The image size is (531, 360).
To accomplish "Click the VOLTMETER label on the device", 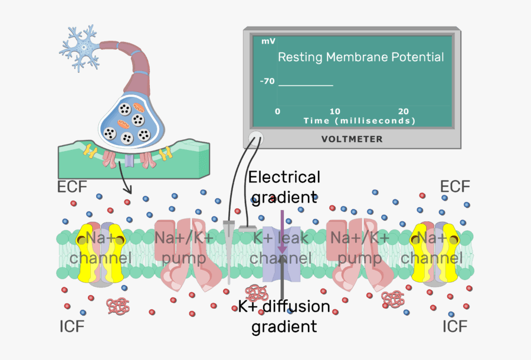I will click(352, 139).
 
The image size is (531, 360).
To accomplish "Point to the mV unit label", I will click(268, 41).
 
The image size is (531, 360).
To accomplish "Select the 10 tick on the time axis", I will click(335, 112).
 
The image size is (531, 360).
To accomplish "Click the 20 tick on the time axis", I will click(404, 112).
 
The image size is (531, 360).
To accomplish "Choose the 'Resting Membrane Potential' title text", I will click(360, 57).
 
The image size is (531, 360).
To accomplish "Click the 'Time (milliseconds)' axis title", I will click(360, 120).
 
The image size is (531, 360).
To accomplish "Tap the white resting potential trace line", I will click(306, 86).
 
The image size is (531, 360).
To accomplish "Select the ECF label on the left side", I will click(72, 187).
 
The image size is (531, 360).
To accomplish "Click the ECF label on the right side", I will click(455, 187).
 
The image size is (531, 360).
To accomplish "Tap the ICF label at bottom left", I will click(72, 326).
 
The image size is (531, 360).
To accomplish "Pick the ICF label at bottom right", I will click(456, 326).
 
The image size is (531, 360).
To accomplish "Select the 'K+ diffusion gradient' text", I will click(284, 316).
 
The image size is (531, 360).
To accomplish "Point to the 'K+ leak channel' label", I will click(281, 248).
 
